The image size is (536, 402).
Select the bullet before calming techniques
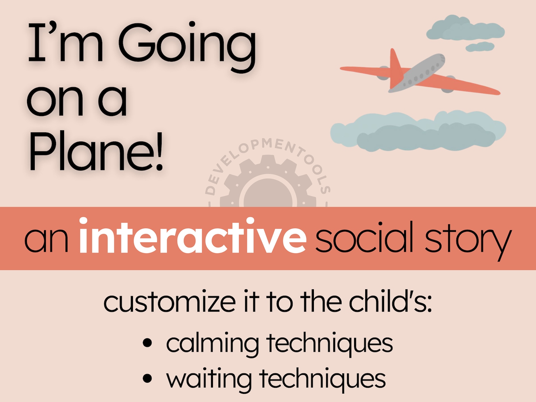point(148,343)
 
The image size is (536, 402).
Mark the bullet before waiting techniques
point(148,378)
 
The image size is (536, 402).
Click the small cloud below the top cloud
point(480,47)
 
